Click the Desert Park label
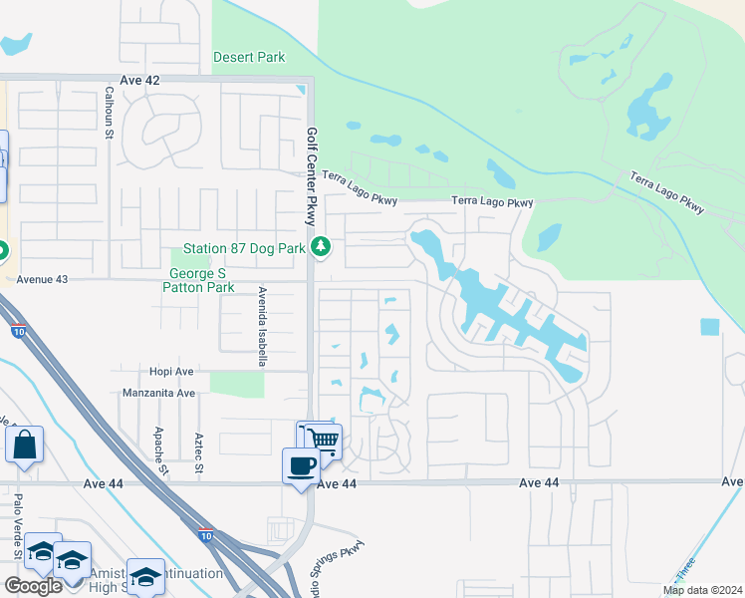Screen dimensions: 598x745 click(x=249, y=57)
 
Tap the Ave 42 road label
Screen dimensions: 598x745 click(x=138, y=79)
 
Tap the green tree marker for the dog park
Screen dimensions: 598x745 click(x=321, y=246)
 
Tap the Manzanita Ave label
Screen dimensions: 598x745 click(x=158, y=393)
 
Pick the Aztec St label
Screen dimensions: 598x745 click(x=199, y=452)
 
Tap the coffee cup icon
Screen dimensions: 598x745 click(x=301, y=465)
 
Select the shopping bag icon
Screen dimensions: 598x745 click(x=24, y=444)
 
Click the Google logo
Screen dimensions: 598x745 click(x=33, y=586)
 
